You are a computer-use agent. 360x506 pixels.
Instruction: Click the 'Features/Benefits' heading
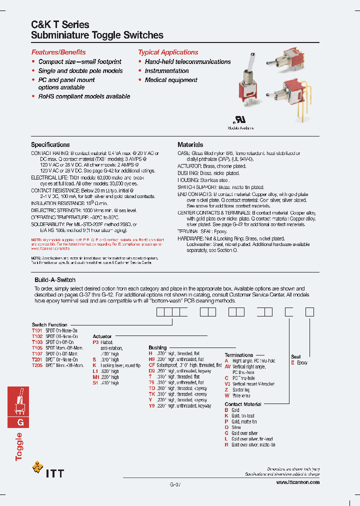point(58,52)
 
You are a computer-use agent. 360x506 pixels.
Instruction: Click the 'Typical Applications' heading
point(168,52)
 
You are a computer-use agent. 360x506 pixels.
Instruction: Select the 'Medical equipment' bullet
point(171,80)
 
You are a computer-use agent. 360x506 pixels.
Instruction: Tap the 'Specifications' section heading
point(50,144)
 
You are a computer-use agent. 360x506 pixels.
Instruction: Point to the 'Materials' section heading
point(190,144)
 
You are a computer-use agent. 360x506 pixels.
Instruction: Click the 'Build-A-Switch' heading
point(55,280)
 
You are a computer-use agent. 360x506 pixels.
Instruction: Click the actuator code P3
point(95,342)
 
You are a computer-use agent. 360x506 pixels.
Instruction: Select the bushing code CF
point(151,365)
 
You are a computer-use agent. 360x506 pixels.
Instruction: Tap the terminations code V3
point(227,384)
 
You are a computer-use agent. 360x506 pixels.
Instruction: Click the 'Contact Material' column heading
point(243,404)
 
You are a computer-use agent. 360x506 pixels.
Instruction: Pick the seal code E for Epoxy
point(293,363)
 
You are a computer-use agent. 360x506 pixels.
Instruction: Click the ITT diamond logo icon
point(37,468)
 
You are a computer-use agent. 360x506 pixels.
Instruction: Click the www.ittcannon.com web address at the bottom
point(297,482)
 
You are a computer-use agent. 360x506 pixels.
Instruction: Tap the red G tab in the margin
point(20,421)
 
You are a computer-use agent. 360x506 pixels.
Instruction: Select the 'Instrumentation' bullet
point(166,71)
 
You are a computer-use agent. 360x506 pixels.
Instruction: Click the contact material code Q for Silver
point(226,427)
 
